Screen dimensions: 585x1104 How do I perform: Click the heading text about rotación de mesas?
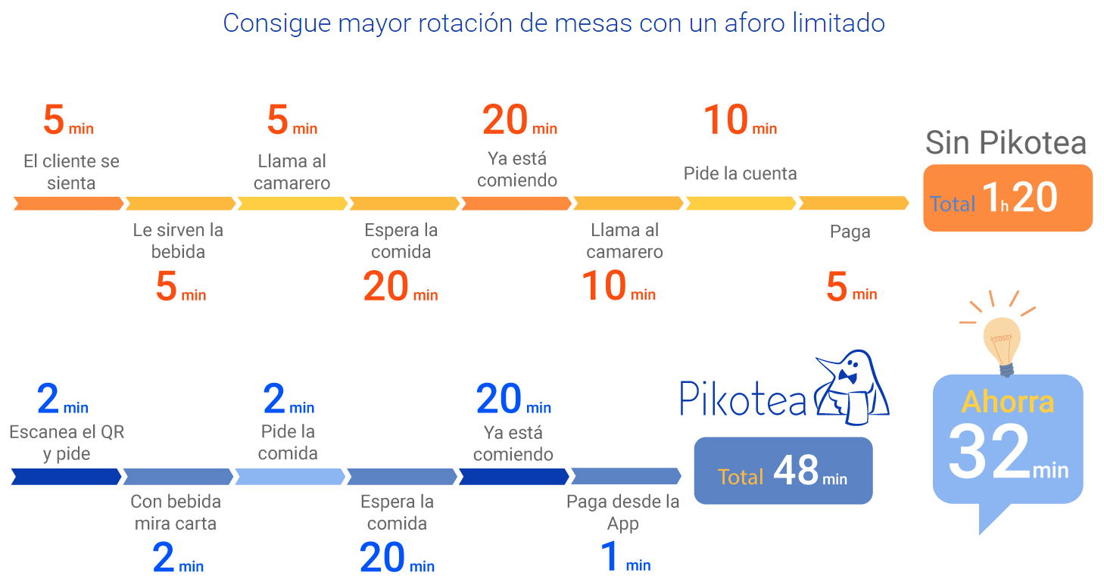tap(554, 23)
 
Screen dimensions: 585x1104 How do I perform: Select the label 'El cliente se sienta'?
tap(71, 172)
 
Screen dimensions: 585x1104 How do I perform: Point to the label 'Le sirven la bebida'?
tap(178, 241)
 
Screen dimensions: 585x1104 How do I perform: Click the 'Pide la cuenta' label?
tap(740, 173)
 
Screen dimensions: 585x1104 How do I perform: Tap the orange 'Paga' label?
tap(850, 232)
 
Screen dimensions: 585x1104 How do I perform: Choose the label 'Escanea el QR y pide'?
tap(67, 443)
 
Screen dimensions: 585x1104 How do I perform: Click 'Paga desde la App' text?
tap(622, 512)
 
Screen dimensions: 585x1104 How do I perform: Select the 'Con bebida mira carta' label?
tap(176, 512)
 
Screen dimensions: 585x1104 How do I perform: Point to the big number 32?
tap(989, 453)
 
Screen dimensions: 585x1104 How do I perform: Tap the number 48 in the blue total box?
tap(796, 472)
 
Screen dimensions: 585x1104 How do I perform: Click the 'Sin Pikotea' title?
tap(1006, 142)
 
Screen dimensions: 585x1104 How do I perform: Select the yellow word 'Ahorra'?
tap(1007, 402)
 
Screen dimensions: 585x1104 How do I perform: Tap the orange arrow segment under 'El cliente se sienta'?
tap(68, 204)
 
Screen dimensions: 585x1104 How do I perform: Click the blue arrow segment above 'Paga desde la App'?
tap(625, 476)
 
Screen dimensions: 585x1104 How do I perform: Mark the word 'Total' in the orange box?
tap(952, 204)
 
